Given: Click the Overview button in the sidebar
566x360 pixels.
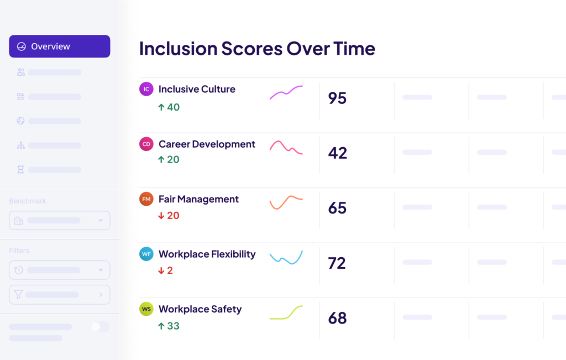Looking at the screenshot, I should tap(59, 46).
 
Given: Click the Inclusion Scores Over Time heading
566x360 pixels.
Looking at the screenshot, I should tap(257, 49).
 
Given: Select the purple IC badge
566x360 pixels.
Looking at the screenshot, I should tap(146, 89).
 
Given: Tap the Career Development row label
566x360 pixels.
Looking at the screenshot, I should tap(207, 144).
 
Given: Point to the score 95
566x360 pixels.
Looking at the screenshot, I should tap(337, 98).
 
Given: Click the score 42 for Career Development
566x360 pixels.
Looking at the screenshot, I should tap(337, 153).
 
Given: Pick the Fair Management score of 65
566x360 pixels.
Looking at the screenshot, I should tap(337, 208).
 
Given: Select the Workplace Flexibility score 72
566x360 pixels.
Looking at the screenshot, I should tap(337, 263).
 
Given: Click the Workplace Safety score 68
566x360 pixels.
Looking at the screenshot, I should tap(337, 319).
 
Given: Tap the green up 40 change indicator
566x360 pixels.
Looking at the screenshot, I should tap(169, 107).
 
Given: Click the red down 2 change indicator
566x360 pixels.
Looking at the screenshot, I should tap(165, 271).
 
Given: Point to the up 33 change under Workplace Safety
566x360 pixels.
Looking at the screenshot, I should tap(169, 326).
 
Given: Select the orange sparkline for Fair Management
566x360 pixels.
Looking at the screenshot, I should tap(286, 202).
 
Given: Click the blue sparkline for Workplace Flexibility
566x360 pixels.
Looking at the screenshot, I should tap(286, 258).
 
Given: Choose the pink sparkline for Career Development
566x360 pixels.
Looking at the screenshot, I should tap(286, 147).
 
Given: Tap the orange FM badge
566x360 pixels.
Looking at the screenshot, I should tap(146, 199).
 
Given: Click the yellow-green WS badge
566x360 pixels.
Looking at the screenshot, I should tap(146, 309).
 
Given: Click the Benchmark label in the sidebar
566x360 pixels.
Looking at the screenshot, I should tap(28, 201).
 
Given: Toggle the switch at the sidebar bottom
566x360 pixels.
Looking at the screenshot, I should tap(99, 327).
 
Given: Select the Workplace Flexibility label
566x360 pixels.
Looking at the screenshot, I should tap(207, 254).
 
